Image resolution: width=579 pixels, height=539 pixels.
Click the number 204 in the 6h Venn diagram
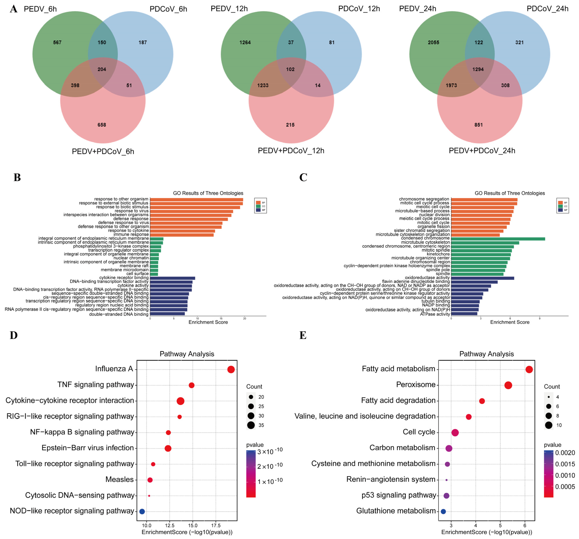[x=102, y=69]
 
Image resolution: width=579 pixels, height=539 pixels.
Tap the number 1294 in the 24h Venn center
[x=478, y=69]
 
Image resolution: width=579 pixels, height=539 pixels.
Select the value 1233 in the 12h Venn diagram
[x=263, y=86]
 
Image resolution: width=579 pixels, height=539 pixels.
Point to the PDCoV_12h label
[x=359, y=9]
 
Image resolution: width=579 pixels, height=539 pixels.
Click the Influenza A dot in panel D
[x=231, y=370]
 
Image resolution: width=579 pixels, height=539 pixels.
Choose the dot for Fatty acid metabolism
[x=529, y=370]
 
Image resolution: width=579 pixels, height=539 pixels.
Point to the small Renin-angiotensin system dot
[x=446, y=480]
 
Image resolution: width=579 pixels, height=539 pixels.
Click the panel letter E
[x=303, y=335]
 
